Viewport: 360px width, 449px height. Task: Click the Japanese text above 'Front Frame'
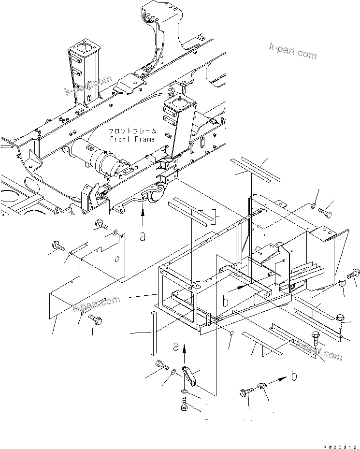tap(132, 131)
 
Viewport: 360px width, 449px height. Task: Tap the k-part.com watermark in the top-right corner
tap(293, 50)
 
